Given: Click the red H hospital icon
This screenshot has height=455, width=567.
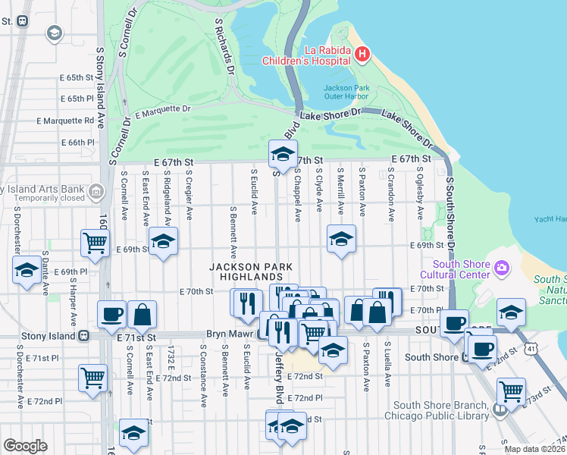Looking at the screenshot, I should [x=362, y=54].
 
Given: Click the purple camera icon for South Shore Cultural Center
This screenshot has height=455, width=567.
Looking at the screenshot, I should [x=501, y=268].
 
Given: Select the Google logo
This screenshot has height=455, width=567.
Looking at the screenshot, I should [x=25, y=446].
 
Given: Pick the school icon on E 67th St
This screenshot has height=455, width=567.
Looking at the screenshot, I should [x=283, y=155].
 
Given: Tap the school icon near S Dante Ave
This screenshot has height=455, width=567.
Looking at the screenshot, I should [x=27, y=270].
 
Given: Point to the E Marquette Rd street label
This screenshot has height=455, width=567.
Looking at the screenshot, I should [x=66, y=121].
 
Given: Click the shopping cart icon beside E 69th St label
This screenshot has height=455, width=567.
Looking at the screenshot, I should [x=96, y=243].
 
